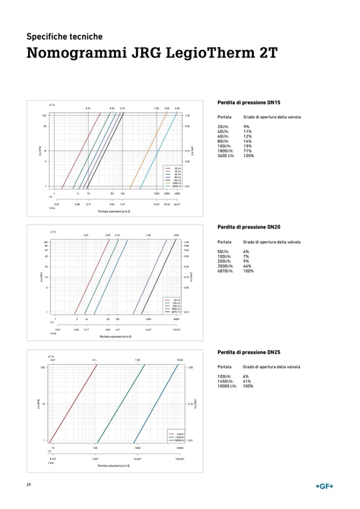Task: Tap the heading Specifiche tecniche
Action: (x=64, y=37)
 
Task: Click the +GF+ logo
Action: (x=324, y=487)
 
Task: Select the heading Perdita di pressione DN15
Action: (x=248, y=102)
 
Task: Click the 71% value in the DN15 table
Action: (x=247, y=151)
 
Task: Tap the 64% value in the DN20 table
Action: (x=247, y=266)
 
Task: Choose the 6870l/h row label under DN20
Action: (x=226, y=271)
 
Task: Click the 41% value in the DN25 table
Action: (x=247, y=381)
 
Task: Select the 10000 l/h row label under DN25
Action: (x=228, y=386)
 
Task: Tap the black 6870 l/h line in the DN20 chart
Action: (x=159, y=276)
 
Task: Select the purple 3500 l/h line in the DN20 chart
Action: (x=150, y=276)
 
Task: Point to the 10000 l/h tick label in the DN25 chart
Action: (x=179, y=448)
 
